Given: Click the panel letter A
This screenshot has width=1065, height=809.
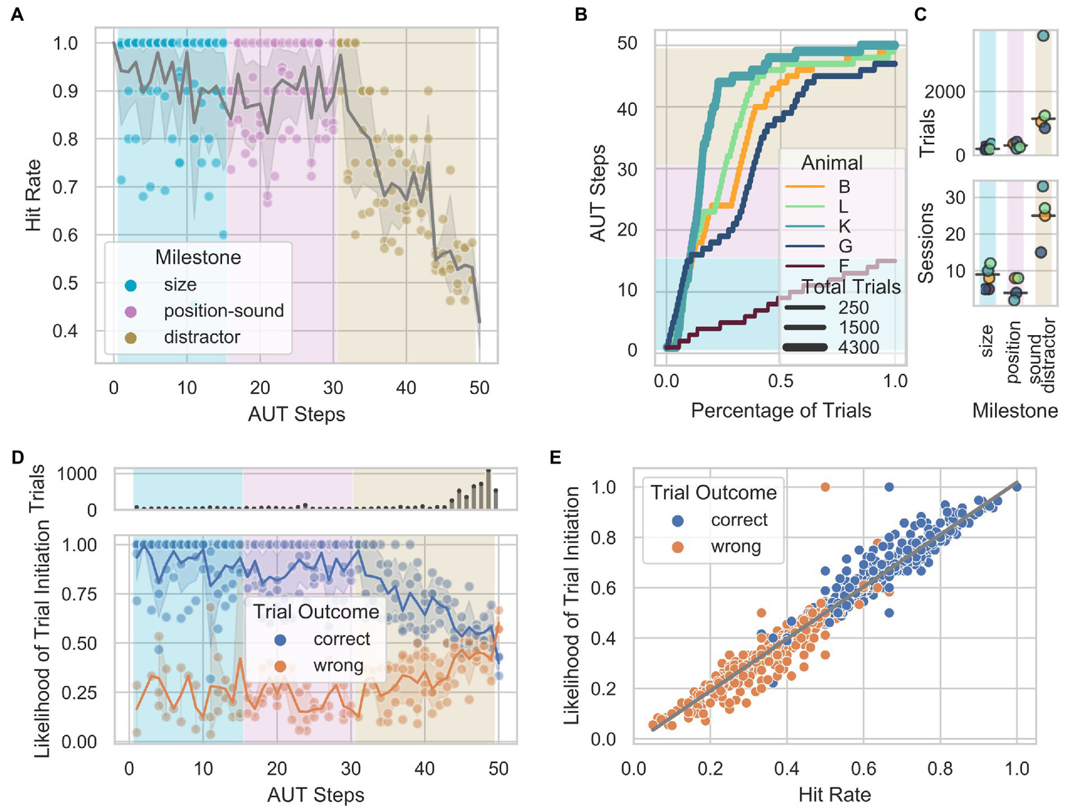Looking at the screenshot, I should point(17,15).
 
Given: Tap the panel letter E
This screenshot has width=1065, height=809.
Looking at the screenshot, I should point(555,457).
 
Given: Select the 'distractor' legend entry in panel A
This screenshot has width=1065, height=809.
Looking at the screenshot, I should point(201,337).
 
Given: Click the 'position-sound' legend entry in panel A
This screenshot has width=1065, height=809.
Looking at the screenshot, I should point(223,311).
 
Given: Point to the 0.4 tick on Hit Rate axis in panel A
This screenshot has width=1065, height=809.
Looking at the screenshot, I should point(65,330).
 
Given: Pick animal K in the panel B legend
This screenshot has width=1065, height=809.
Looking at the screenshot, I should point(844,226).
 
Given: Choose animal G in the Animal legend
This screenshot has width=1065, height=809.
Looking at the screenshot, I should point(844,246).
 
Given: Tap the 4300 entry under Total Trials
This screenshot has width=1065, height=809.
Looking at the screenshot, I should point(858,348).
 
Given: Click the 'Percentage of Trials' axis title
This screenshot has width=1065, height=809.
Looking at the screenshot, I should point(781,411).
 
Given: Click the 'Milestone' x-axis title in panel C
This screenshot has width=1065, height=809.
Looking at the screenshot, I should point(1014,411).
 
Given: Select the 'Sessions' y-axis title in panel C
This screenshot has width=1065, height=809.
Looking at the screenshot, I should point(926,243).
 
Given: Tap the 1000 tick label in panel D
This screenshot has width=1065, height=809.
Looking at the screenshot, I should point(76,475).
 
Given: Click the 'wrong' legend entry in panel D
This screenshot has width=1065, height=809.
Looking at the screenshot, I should point(338,665).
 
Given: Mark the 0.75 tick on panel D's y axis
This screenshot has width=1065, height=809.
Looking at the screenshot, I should point(79,594).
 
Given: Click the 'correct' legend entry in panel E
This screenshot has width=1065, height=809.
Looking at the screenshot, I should point(739,520).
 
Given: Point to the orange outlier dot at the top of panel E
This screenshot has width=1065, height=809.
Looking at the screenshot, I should point(825,487).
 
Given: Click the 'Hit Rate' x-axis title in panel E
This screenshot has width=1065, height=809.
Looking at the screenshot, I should point(834,794).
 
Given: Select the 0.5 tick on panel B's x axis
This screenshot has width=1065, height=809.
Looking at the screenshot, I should point(781,380).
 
